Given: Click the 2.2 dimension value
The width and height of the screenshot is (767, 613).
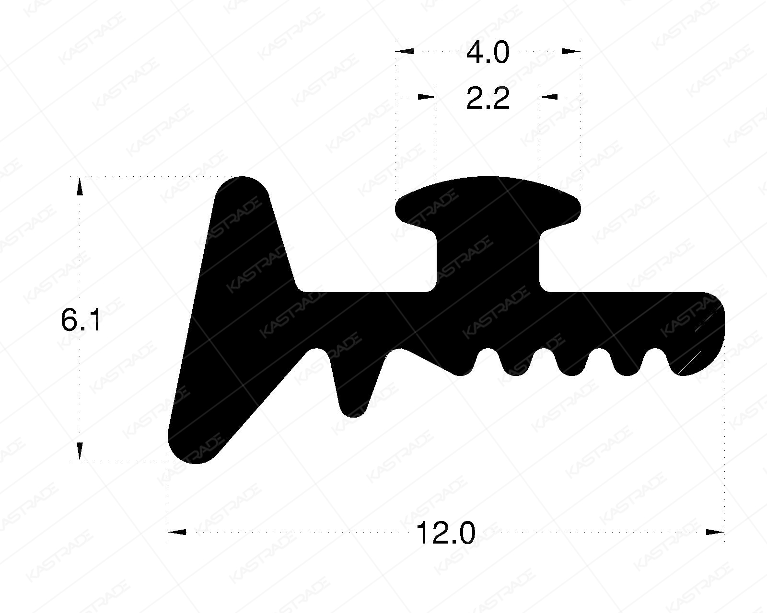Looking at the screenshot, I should (x=488, y=100).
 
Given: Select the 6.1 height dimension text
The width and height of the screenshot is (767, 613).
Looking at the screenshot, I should (x=81, y=320).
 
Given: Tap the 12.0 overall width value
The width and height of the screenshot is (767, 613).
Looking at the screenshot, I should (x=446, y=533).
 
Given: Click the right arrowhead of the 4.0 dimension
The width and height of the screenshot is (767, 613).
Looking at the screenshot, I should (x=571, y=51).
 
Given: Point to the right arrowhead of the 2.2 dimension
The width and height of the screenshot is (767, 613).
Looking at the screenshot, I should (x=549, y=97).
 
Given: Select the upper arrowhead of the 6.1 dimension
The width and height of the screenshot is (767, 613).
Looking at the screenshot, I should (x=80, y=187).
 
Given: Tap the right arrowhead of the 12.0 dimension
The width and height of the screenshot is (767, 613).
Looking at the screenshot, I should (x=714, y=532).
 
